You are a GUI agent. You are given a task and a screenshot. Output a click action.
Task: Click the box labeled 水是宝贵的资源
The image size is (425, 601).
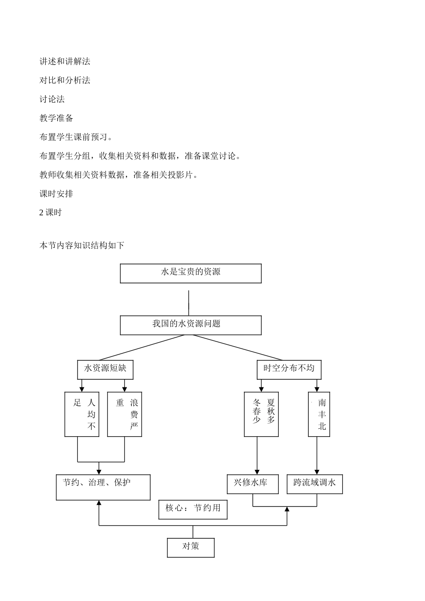(x=191, y=273)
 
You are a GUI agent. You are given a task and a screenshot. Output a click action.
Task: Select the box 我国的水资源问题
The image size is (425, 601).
(x=191, y=325)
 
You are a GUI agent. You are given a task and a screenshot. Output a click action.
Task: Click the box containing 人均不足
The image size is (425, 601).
(x=82, y=414)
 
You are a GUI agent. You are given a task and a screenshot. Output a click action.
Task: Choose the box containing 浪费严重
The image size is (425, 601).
(x=124, y=414)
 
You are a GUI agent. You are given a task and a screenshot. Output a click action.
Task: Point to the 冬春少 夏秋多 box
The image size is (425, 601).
(x=261, y=414)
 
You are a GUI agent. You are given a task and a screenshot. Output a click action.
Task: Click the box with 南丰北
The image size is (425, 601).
(x=319, y=414)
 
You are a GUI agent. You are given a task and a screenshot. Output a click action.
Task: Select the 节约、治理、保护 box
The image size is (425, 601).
(x=103, y=487)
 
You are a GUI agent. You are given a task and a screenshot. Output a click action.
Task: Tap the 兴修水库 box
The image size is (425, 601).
(x=253, y=484)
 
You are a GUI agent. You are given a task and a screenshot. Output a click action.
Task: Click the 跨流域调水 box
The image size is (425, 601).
(x=314, y=484)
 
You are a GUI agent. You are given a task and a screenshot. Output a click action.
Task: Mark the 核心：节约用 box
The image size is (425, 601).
(x=193, y=510)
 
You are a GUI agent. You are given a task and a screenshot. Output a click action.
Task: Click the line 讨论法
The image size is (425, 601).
(x=52, y=99)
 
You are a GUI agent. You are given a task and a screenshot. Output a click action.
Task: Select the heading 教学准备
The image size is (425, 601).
(x=56, y=118)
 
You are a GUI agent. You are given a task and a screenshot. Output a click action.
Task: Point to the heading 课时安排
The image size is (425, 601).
(x=56, y=194)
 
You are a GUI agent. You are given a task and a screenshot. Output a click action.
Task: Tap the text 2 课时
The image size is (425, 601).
(x=51, y=213)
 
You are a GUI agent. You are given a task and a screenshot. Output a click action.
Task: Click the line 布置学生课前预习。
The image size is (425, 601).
(x=76, y=137)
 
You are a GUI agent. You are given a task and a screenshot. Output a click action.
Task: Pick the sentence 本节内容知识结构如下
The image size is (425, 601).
(x=82, y=245)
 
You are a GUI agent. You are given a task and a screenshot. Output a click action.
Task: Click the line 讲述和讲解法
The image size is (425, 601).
(x=65, y=62)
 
